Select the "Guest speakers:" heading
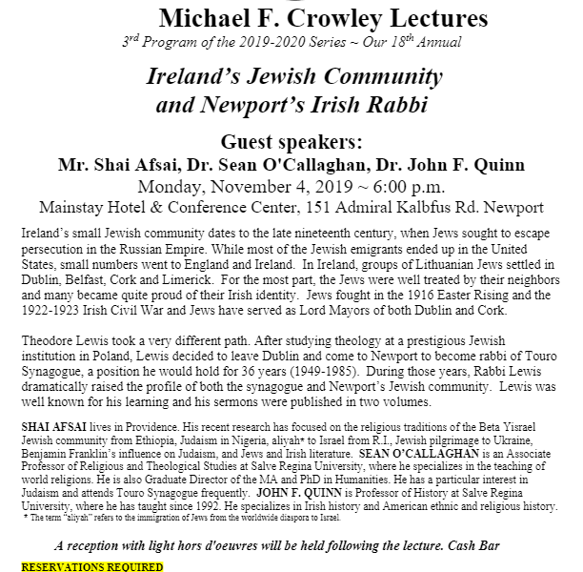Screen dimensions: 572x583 [291, 142]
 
